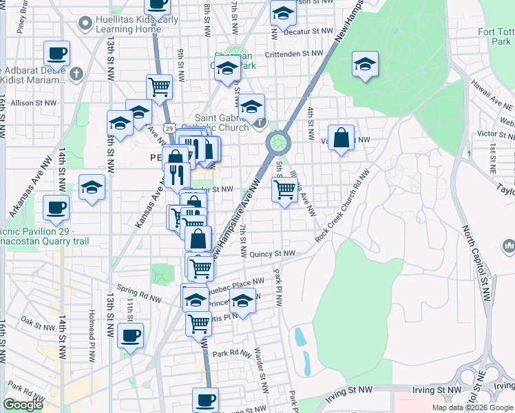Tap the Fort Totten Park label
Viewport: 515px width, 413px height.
coord(496,36)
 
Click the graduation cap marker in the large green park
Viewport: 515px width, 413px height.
coord(365,65)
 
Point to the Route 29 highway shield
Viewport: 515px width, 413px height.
coord(169,127)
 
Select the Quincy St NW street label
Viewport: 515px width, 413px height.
coord(272,253)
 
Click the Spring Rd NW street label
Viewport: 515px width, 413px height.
coord(139,294)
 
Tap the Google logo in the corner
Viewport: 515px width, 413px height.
coord(23,405)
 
